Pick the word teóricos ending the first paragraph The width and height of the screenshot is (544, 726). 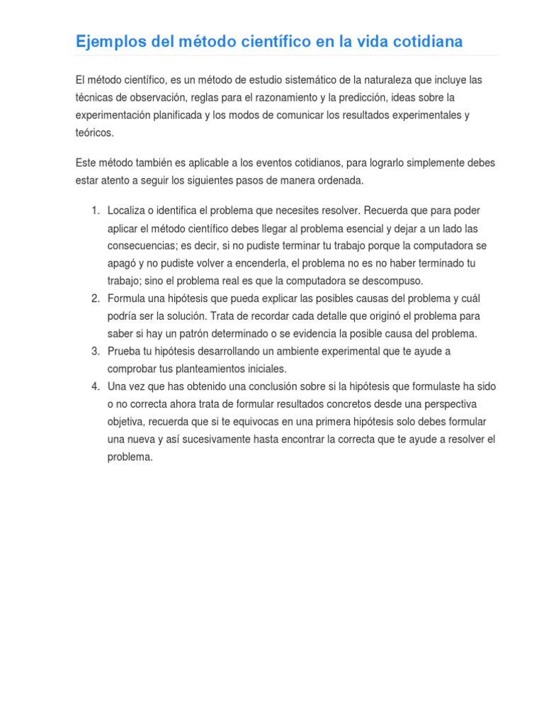(93, 133)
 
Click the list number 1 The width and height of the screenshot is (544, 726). (95, 211)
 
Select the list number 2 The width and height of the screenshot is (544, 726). (95, 298)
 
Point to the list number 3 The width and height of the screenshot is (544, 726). (95, 352)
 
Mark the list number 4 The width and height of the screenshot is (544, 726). (95, 386)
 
